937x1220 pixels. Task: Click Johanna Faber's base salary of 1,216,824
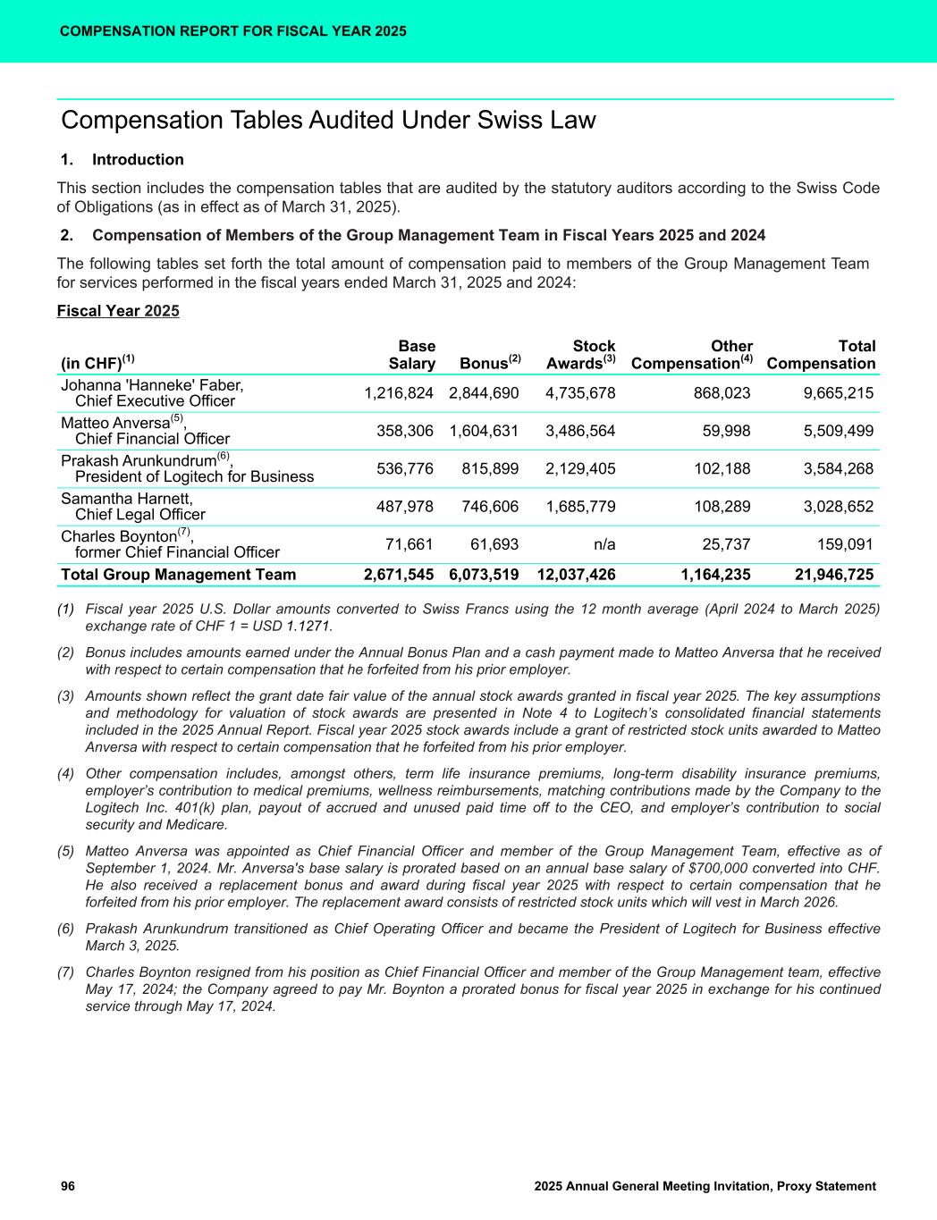click(399, 393)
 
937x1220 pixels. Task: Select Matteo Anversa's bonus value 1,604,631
click(484, 431)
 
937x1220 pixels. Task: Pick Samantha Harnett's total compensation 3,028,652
click(835, 507)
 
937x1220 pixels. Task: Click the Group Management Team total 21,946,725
click(834, 575)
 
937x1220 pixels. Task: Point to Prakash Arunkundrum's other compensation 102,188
click(719, 468)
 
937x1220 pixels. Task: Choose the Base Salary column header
click(412, 355)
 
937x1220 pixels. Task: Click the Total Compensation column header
click(821, 355)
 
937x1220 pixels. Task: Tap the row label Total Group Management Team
click(178, 575)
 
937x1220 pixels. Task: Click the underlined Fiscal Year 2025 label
click(118, 311)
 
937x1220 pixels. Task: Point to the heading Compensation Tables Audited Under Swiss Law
click(328, 121)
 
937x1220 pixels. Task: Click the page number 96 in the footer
click(68, 1186)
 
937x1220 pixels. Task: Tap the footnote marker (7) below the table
click(65, 972)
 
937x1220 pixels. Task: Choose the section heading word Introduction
click(138, 160)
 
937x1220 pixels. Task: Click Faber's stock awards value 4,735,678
click(580, 393)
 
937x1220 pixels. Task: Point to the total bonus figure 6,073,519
click(484, 575)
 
